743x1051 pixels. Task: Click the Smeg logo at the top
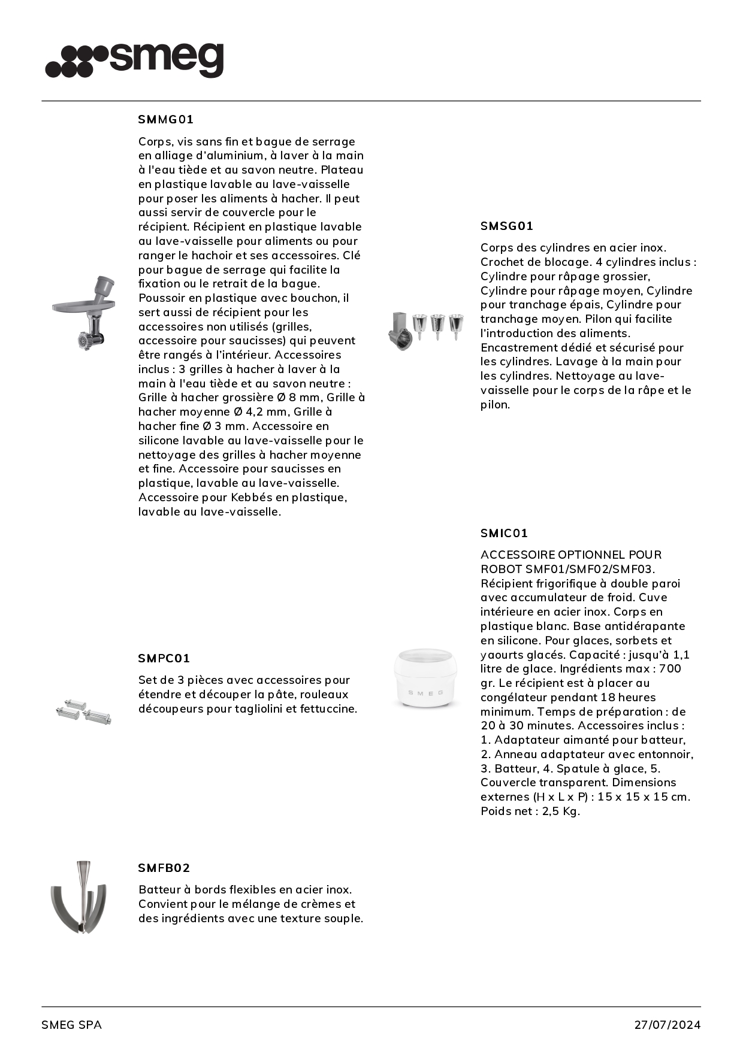point(134,60)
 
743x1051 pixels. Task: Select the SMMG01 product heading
point(166,119)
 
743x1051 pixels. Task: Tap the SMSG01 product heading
point(507,226)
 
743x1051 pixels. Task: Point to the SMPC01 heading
point(164,658)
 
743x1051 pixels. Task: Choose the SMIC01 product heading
point(504,533)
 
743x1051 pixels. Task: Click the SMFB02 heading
point(164,868)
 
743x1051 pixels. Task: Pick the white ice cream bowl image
point(425,678)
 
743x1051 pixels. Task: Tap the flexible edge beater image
point(78,897)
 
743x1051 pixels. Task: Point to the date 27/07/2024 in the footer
point(667,1025)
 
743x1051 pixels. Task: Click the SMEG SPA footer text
point(71,1025)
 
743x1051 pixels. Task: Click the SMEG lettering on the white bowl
point(425,693)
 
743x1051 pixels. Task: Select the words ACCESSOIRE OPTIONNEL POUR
point(571,555)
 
